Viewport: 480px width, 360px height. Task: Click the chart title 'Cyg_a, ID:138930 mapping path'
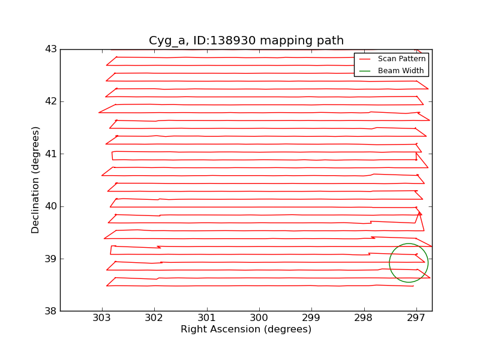[x=246, y=41]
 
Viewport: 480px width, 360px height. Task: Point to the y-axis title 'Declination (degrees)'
[x=36, y=180]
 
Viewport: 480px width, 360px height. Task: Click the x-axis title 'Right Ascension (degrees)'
[x=246, y=329]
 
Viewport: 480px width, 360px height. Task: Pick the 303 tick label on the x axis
[x=102, y=317]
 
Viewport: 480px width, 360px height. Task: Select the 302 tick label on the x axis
[x=154, y=317]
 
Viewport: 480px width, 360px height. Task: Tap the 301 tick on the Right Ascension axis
[x=206, y=317]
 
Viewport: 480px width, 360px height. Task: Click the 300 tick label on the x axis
[x=259, y=317]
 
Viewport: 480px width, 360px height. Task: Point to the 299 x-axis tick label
[x=311, y=317]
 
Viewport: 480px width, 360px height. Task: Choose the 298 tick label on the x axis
[x=364, y=317]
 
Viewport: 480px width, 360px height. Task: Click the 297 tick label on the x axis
[x=416, y=317]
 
